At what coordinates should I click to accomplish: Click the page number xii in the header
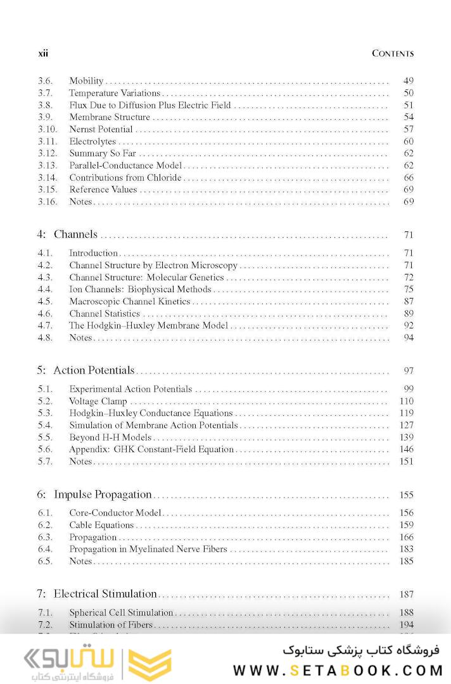(43, 54)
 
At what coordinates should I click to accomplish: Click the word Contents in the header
(393, 54)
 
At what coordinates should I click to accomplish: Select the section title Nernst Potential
(101, 129)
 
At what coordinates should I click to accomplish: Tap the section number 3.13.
(47, 165)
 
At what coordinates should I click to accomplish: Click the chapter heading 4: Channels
(67, 235)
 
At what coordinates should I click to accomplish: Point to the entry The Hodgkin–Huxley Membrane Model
(148, 326)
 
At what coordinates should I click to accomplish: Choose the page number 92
(409, 326)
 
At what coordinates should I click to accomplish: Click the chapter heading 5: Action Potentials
(86, 370)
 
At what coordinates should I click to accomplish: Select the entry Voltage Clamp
(98, 401)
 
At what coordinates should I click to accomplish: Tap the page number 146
(406, 449)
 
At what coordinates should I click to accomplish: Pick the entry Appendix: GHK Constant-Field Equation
(151, 449)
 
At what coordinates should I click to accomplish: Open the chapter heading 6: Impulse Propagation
(94, 494)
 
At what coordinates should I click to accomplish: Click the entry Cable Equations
(101, 525)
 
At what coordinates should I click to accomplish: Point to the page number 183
(406, 549)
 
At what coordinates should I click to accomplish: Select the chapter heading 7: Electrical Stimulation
(97, 594)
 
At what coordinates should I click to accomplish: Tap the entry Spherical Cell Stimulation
(121, 612)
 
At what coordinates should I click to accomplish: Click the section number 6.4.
(44, 549)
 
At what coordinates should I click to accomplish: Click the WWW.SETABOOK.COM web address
(337, 670)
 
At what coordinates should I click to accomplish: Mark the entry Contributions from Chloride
(125, 177)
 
